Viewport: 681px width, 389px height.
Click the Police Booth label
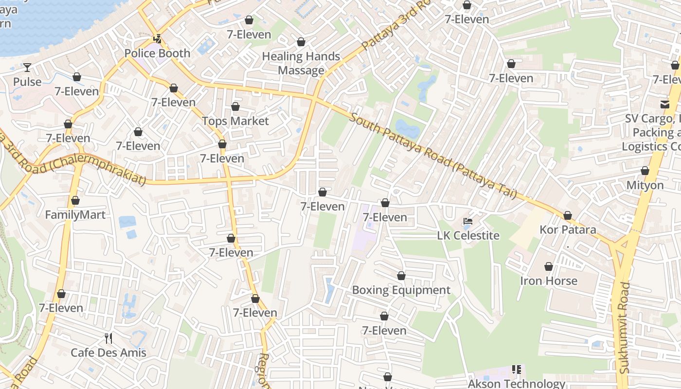157,53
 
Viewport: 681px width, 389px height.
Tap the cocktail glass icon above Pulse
27,68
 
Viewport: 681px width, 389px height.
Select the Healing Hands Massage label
301,63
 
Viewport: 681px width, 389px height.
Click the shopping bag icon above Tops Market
235,106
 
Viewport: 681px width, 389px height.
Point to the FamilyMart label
75,214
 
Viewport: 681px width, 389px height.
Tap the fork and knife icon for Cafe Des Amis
108,338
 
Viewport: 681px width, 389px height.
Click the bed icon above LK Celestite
468,221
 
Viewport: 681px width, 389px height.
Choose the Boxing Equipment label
401,290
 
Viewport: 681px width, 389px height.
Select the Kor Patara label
568,230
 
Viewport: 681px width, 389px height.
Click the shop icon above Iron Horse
549,266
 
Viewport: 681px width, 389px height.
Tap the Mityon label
645,185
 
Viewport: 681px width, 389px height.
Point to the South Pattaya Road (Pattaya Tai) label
432,156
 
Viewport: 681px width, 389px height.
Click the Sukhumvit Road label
625,328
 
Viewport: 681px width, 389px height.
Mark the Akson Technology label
516,384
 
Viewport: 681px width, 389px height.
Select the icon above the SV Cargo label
664,104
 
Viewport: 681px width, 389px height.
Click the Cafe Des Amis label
108,353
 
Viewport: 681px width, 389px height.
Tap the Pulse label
27,82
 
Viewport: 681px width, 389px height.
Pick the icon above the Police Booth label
157,39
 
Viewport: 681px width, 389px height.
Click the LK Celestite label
468,236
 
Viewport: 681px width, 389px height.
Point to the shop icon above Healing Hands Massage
301,42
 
